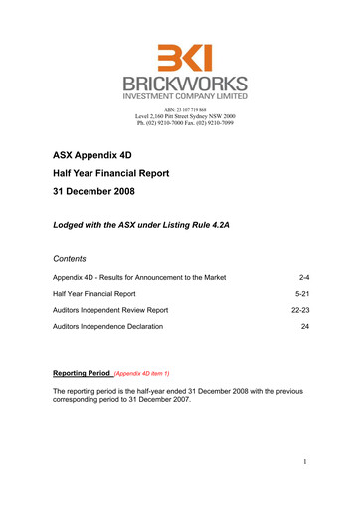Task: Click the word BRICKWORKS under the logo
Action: [180, 85]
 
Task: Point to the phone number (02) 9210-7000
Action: [159, 124]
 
